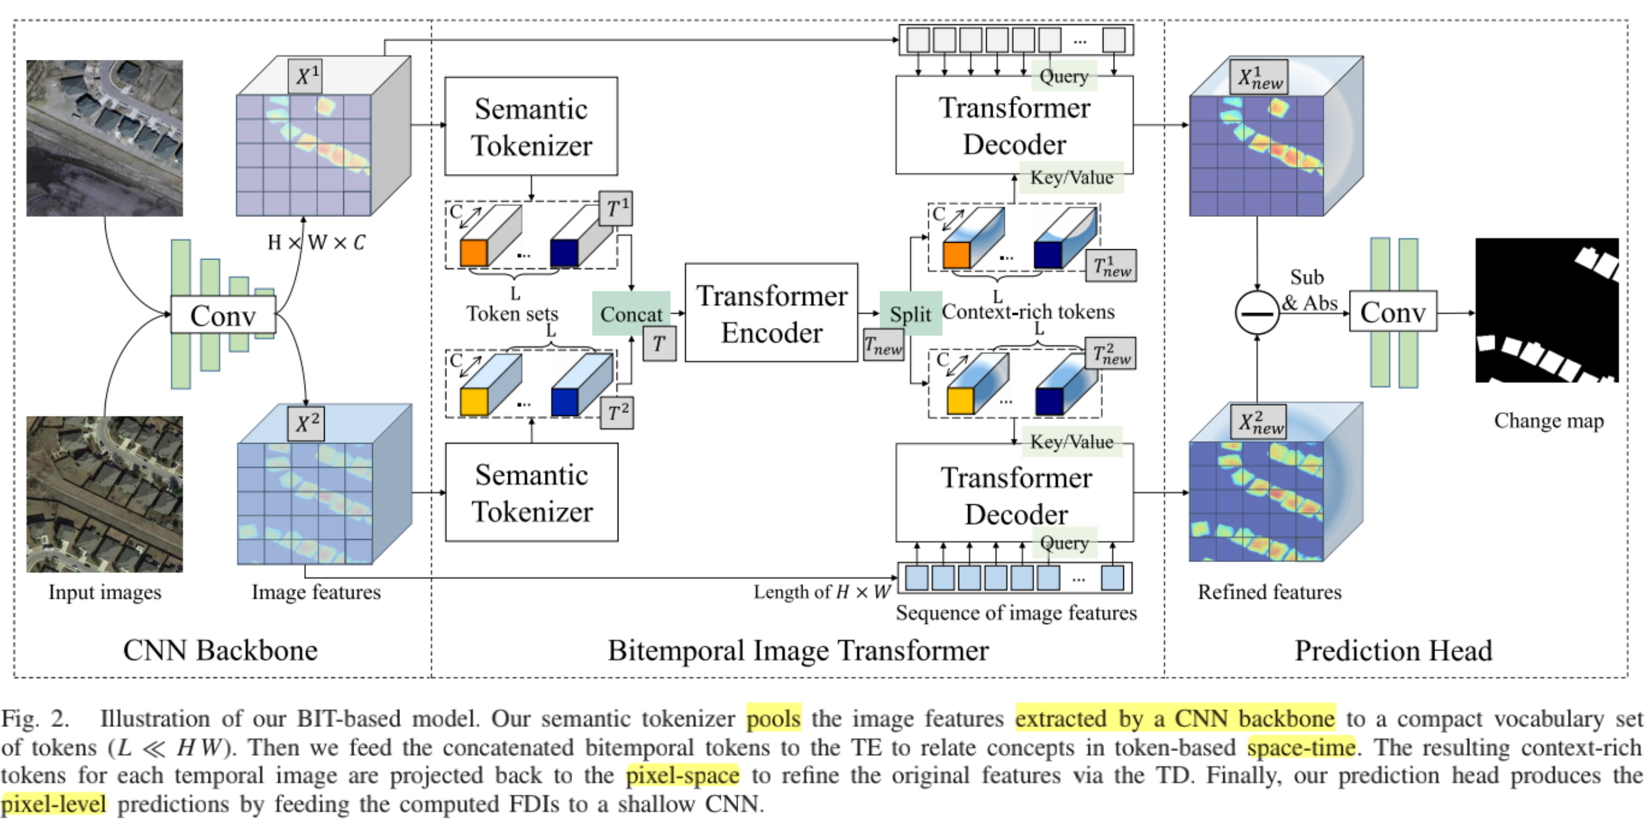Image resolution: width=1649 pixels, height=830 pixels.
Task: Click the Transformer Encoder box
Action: tap(771, 313)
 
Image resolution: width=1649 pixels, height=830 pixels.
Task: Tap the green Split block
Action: tap(910, 314)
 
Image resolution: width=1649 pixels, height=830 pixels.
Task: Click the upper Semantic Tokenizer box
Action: tap(531, 126)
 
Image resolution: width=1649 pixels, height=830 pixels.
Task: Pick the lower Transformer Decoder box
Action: tap(1014, 494)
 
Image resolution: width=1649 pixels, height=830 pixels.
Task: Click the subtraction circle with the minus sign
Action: tap(1256, 313)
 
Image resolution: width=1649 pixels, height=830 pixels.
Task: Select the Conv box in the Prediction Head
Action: tap(1392, 312)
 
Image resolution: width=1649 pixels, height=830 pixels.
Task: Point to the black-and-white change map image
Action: tap(1546, 310)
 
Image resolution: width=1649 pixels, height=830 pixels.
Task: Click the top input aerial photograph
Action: tap(104, 138)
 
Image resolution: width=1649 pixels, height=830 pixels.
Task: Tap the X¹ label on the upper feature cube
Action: tap(306, 76)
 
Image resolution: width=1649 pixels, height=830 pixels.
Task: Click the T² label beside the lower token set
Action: tap(617, 413)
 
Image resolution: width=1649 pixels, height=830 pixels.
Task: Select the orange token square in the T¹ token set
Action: tap(473, 253)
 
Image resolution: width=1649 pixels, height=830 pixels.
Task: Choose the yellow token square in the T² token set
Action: tap(473, 401)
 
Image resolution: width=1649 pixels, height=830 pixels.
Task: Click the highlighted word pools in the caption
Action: tap(773, 717)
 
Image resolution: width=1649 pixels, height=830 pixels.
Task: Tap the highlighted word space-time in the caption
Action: tap(1301, 746)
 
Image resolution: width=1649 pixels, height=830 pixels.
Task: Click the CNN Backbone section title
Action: tap(220, 650)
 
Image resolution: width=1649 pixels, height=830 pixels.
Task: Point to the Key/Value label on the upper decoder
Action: tap(1071, 177)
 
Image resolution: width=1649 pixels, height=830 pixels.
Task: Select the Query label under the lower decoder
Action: tap(1063, 542)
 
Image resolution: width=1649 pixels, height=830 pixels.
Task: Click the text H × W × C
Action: tap(316, 242)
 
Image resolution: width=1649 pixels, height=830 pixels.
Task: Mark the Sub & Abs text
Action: tap(1309, 290)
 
